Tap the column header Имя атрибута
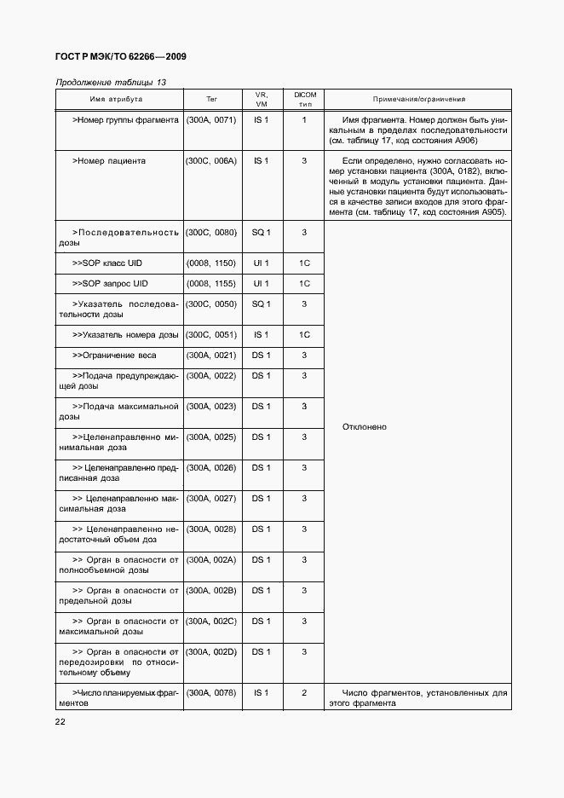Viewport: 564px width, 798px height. coord(118,99)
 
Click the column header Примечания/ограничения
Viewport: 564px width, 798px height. coord(417,99)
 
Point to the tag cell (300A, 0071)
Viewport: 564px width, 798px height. coord(210,120)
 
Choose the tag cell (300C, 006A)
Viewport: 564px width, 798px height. coord(210,160)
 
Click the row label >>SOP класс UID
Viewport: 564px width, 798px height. coord(111,263)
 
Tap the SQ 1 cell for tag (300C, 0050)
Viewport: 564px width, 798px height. coord(261,304)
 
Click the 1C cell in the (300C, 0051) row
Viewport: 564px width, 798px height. coord(303,334)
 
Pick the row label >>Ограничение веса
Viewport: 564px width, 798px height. coord(114,355)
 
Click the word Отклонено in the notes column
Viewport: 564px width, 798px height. coord(364,426)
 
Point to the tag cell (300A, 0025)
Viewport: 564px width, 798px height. coord(210,437)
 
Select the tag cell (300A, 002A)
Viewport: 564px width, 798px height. coord(210,559)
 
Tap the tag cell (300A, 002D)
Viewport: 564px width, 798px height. coord(210,651)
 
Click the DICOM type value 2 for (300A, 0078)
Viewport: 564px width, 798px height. coord(303,692)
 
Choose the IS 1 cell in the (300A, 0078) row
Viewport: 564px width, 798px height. coord(261,692)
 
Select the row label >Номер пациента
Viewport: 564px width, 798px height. coord(109,160)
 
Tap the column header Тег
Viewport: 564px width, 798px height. coord(211,99)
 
